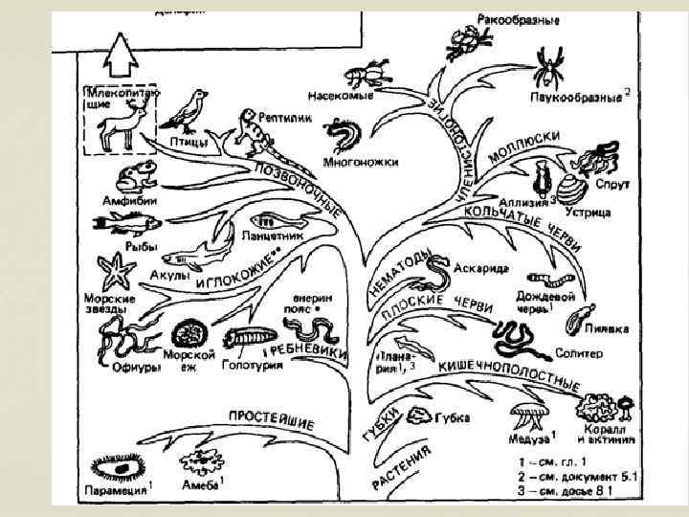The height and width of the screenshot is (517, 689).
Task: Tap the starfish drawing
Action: click(x=117, y=271)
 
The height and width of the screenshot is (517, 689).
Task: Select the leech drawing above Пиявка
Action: click(x=576, y=315)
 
